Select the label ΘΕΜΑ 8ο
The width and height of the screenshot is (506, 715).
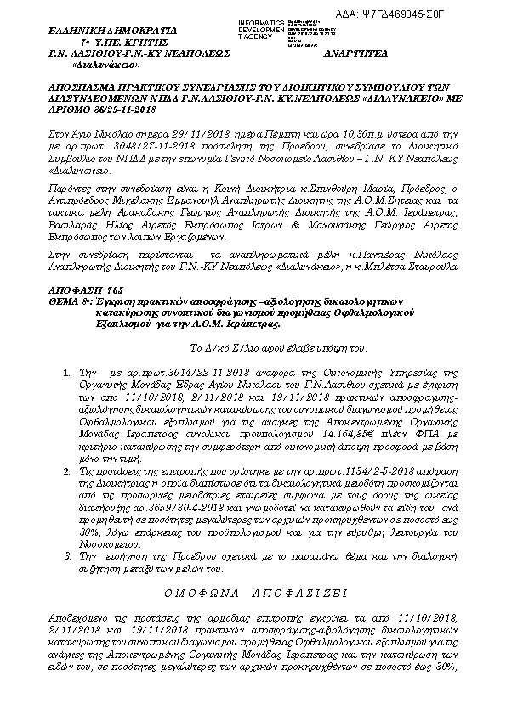click(70, 301)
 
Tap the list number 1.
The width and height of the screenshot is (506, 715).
click(68, 373)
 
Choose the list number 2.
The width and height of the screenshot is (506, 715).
click(68, 468)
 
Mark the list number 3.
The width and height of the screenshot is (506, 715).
click(68, 555)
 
